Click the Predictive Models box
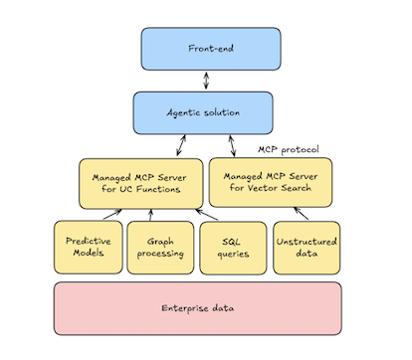pyautogui.click(x=87, y=247)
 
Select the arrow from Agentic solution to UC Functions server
pyautogui.click(x=181, y=145)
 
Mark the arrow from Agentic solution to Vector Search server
pyautogui.click(x=232, y=145)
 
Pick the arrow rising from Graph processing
pyautogui.click(x=151, y=215)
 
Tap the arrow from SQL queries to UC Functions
pyautogui.click(x=206, y=215)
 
